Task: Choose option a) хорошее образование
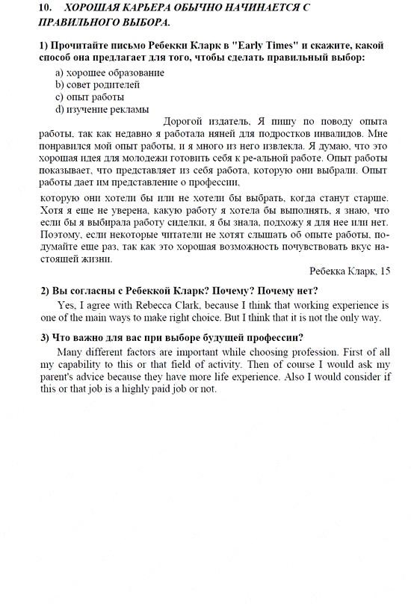[110, 73]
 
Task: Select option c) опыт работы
[90, 96]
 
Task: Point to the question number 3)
[45, 337]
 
